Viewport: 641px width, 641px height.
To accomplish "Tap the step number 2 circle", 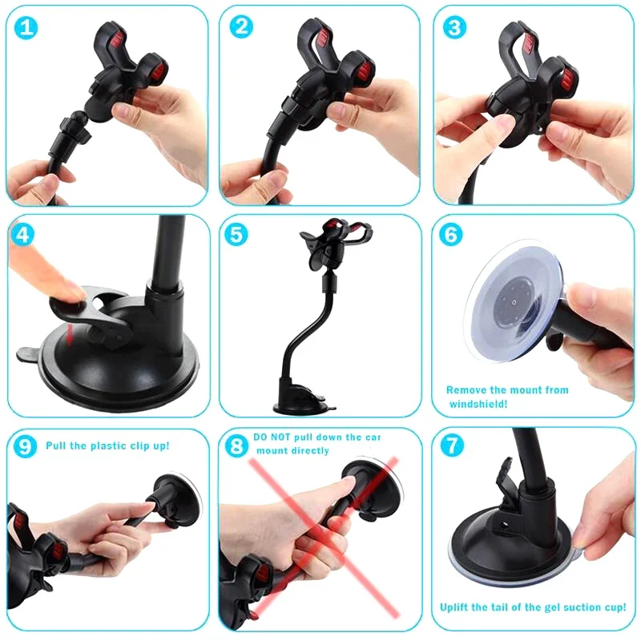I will coord(241,27).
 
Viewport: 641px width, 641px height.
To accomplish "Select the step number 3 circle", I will coord(454,28).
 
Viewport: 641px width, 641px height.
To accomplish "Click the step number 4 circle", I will coord(25,236).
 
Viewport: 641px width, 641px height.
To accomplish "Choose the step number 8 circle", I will coord(236,445).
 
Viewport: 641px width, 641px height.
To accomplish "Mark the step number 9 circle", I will coord(25,446).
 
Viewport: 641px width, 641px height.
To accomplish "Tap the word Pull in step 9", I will coord(58,445).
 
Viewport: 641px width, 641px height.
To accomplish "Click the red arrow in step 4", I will coord(71,329).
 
